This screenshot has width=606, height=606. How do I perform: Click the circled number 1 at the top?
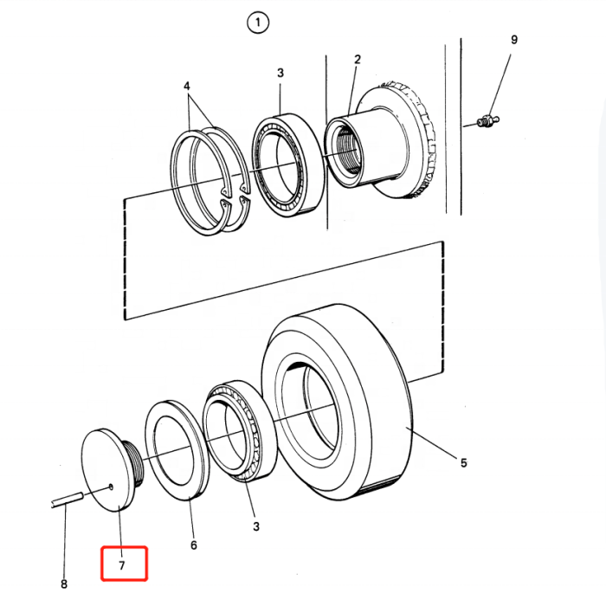(x=258, y=23)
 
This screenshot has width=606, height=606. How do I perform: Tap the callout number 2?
(x=357, y=60)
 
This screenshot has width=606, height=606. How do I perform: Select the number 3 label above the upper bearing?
(x=280, y=73)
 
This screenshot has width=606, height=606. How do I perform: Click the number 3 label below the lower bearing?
(x=256, y=526)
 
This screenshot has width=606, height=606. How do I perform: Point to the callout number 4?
(x=187, y=86)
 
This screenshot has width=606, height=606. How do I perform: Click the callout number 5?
(x=463, y=462)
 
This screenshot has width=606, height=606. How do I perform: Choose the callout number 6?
(x=194, y=545)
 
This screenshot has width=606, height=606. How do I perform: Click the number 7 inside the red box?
(x=122, y=565)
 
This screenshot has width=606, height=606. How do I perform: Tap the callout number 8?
(x=64, y=583)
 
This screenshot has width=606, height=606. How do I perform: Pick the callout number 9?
(x=514, y=40)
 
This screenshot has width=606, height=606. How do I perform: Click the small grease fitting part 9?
(x=488, y=120)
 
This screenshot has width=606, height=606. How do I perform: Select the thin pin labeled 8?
(x=67, y=499)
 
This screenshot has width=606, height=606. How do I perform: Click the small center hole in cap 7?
(x=111, y=487)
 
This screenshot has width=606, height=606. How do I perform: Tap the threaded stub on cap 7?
(x=134, y=463)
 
